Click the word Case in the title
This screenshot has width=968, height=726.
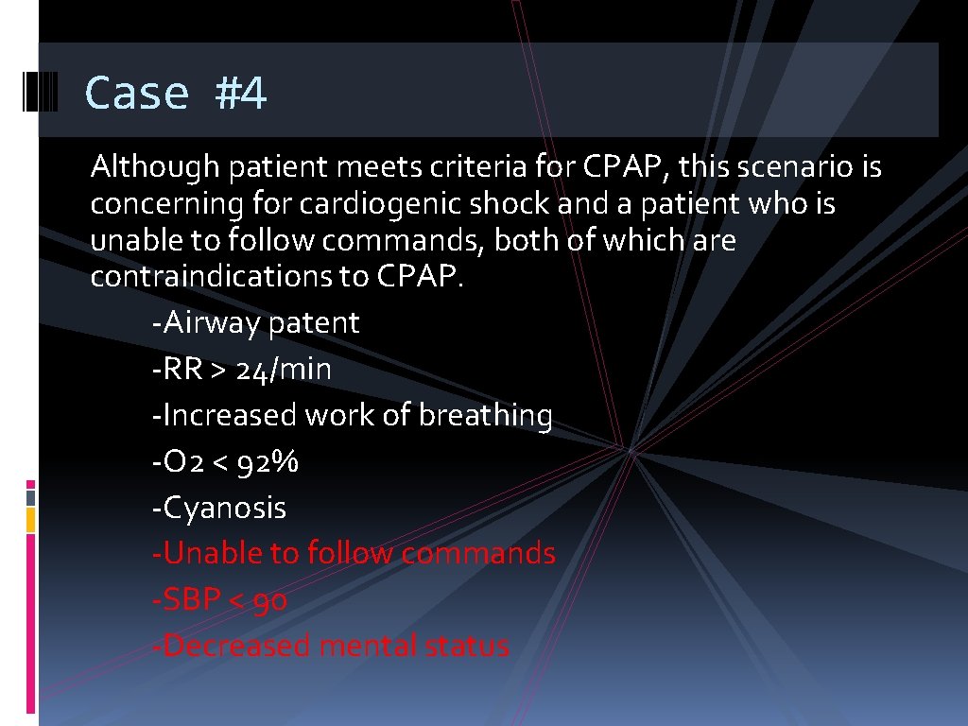[137, 94]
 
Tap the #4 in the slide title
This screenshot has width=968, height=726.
[241, 94]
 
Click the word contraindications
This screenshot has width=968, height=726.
[231, 277]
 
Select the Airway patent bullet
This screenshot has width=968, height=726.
[255, 323]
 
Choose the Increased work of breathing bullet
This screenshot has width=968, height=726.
[352, 416]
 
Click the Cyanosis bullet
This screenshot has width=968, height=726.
[218, 508]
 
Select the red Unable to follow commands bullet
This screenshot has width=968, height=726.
[354, 553]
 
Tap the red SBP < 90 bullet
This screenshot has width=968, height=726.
[219, 599]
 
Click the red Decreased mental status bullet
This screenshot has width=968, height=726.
[331, 646]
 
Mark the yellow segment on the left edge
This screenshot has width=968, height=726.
[31, 519]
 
